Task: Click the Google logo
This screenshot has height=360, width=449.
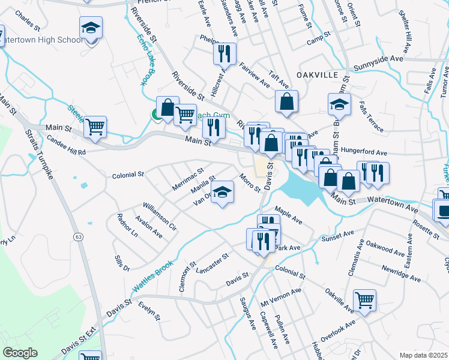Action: (x=20, y=353)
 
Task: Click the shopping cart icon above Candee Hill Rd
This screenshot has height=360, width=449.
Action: (x=95, y=127)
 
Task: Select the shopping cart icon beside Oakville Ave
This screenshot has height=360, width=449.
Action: (x=364, y=301)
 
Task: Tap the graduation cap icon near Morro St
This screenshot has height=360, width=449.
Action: (x=222, y=193)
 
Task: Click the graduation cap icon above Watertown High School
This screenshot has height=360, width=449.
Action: (x=91, y=28)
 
